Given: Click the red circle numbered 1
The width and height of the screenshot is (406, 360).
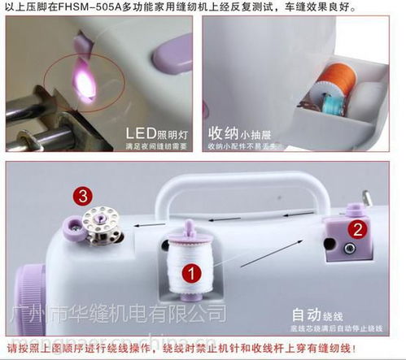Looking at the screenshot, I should (x=190, y=274).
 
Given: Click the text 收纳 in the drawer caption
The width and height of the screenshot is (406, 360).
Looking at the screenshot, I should (x=224, y=132).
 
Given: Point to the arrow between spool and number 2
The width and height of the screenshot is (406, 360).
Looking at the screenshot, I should (x=268, y=254).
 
